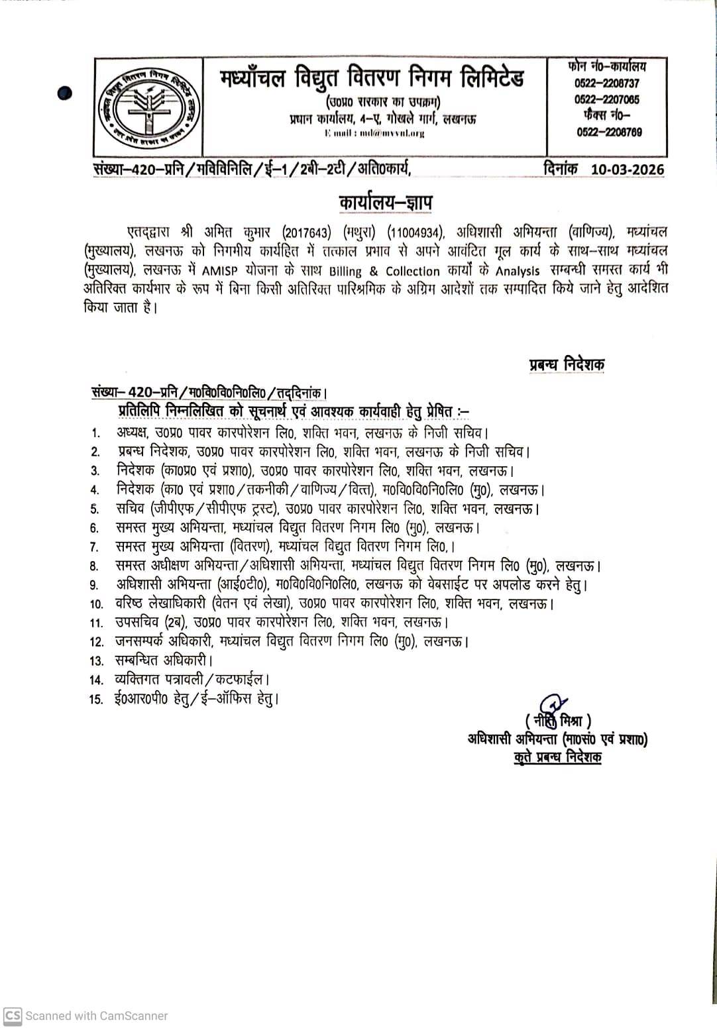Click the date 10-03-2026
pos(627,170)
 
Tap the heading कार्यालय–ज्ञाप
pos(385,201)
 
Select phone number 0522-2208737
pos(608,84)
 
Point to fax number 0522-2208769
pos(609,132)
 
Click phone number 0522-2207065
pos(608,100)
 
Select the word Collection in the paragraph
pos(412,271)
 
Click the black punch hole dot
pos(65,93)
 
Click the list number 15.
pos(96,699)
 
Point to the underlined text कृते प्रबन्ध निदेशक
pos(557,758)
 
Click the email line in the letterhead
pos(374,133)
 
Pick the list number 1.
pos(95,433)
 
